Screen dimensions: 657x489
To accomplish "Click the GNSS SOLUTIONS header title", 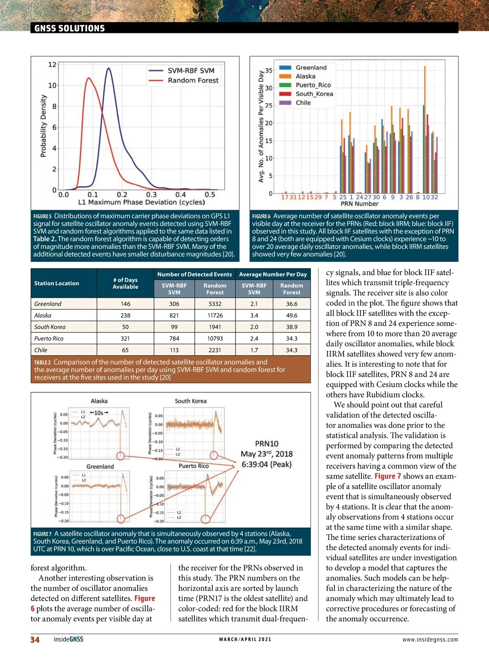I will point(69,28).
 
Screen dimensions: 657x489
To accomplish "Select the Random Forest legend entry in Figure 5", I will point(193,81).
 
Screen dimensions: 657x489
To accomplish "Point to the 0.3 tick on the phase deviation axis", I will point(151,195).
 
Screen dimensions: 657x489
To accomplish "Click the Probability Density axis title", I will point(43,126).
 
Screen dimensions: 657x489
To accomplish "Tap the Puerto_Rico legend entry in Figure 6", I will point(313,85).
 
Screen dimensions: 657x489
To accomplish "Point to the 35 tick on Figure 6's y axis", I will point(269,70).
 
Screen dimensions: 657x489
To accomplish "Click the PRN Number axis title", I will point(359,204).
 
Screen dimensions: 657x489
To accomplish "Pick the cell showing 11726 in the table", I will point(215,315).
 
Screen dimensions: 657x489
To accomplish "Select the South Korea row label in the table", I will point(50,327).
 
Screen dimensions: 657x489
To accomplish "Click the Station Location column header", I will point(57,283).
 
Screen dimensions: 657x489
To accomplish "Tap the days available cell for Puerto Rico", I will point(125,338).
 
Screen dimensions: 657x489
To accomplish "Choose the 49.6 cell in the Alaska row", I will point(291,315).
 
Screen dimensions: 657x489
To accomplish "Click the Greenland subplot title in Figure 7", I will point(100,466).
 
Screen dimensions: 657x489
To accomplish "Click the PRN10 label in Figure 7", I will point(267,444).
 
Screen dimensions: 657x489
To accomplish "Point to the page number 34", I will point(35,639).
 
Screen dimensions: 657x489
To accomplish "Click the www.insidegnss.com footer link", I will point(430,639).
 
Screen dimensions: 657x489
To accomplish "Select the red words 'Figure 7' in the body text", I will point(388,476).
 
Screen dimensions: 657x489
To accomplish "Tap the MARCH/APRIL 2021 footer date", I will point(245,639).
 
